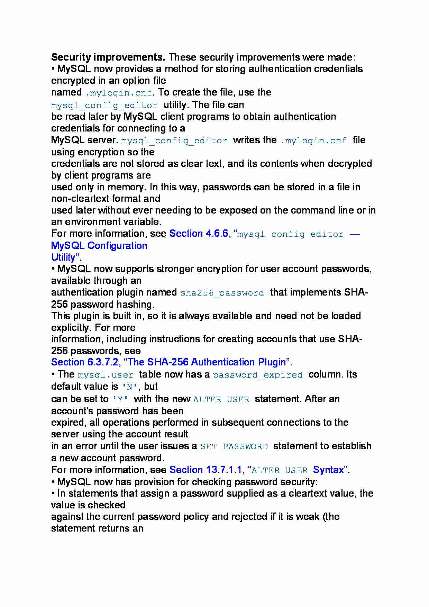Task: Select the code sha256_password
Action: click(222, 293)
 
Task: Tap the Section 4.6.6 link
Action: click(199, 234)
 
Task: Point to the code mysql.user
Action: click(106, 375)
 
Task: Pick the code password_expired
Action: click(257, 375)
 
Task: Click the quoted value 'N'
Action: click(130, 387)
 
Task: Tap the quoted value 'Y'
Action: click(120, 399)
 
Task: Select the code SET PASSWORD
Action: click(234, 446)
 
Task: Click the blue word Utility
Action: click(63, 257)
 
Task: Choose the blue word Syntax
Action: click(328, 470)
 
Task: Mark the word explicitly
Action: click(70, 328)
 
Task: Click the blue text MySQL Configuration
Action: click(99, 246)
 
